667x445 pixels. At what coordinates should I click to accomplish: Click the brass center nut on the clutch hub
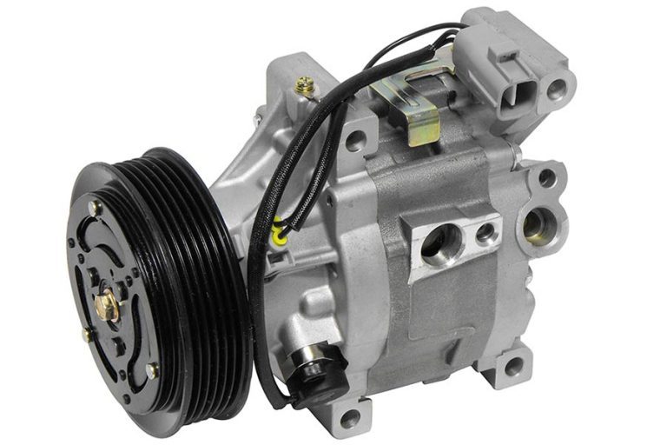point(108,303)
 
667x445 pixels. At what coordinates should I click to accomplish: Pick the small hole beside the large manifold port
point(483,232)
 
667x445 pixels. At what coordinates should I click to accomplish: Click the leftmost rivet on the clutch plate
point(86,333)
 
